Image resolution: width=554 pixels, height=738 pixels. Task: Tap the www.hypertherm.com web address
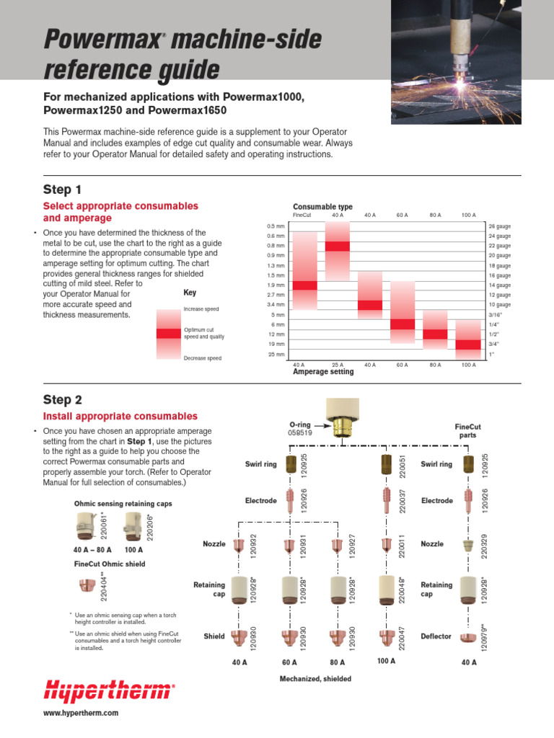(82, 713)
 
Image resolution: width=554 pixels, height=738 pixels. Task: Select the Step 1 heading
(62, 190)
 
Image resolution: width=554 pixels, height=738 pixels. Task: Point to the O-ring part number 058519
(299, 434)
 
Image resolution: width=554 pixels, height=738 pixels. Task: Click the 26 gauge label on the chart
(499, 226)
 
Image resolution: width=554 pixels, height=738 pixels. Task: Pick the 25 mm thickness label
(276, 355)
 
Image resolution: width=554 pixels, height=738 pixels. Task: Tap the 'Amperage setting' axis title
(323, 372)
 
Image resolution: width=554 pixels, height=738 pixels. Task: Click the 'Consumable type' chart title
(322, 207)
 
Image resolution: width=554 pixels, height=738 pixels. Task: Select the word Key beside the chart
(190, 293)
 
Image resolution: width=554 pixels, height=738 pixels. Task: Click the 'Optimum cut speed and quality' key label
(204, 333)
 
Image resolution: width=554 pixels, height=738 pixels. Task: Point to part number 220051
(401, 465)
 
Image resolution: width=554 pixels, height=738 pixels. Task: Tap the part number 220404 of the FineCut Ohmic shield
(104, 586)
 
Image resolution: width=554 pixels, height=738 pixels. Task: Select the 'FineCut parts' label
(467, 431)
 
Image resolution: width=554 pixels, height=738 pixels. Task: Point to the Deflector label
(436, 636)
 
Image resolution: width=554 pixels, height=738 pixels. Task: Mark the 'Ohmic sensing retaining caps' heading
(123, 504)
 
